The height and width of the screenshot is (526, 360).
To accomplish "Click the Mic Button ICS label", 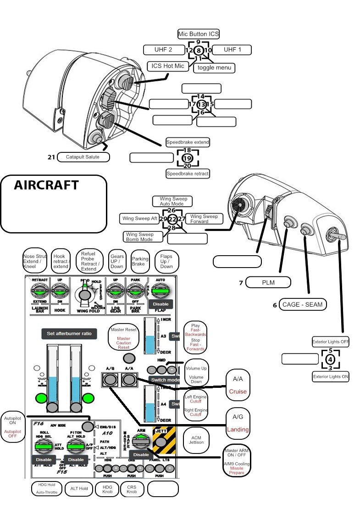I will (198, 34).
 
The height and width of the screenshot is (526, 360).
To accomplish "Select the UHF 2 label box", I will (164, 50).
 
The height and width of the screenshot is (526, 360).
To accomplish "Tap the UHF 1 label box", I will (232, 50).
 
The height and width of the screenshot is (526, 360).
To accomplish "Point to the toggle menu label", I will (214, 67).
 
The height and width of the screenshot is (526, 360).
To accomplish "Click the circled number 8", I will (198, 50).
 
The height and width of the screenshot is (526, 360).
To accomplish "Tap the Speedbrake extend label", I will (188, 142).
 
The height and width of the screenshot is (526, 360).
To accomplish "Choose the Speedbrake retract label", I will (188, 173).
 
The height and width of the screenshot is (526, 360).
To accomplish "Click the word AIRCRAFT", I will (46, 185).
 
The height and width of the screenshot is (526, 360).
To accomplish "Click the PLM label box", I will (268, 283).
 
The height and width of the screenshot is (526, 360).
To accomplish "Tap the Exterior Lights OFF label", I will (330, 342).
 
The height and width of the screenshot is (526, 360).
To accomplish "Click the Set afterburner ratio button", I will (69, 334).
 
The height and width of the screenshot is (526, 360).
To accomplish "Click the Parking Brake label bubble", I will (140, 262).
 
